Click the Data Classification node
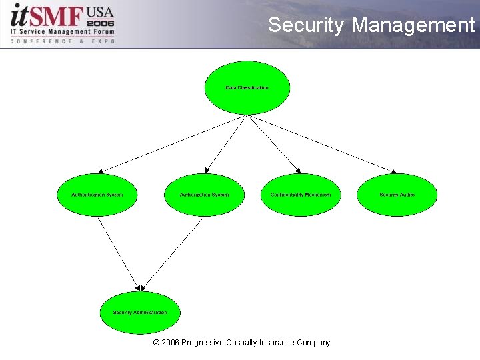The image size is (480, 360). point(247,88)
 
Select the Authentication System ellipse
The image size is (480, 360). point(97,195)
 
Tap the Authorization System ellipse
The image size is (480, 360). point(204,195)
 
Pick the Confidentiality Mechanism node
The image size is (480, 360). point(301,195)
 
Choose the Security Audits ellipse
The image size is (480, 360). point(397,195)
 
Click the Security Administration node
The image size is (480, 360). point(140,312)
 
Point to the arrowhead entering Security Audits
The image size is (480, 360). point(393,171)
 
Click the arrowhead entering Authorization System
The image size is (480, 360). point(207,171)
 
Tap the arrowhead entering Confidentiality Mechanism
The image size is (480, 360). point(298,171)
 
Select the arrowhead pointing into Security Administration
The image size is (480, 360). point(139,287)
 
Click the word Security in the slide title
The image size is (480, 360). point(306,25)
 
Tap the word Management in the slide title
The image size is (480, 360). point(413,25)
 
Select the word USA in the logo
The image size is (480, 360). point(100,11)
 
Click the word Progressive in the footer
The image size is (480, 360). point(204,343)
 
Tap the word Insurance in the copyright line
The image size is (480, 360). point(277,343)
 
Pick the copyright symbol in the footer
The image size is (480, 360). point(156,343)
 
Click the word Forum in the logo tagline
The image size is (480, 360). point(101,31)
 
